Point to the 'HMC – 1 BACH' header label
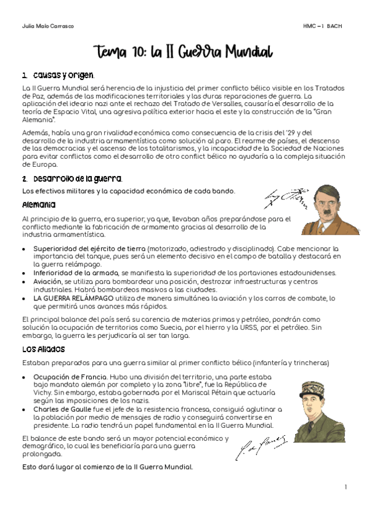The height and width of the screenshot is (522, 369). pyautogui.click(x=322, y=26)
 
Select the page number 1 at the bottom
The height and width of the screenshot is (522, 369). pyautogui.click(x=346, y=488)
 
